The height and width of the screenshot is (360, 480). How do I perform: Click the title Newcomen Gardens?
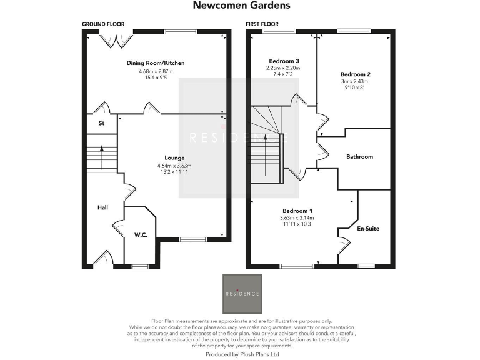[x=241, y=6]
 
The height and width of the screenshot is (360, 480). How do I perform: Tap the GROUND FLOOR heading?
[x=102, y=24]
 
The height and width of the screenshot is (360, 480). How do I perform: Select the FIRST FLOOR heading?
[x=261, y=24]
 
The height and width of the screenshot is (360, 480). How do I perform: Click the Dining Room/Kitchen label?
[x=156, y=63]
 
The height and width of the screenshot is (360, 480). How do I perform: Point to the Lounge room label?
[x=174, y=157]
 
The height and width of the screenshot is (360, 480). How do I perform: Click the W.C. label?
[x=140, y=235]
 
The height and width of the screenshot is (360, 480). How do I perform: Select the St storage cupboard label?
[x=101, y=124]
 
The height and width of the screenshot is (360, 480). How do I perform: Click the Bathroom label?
[x=359, y=157]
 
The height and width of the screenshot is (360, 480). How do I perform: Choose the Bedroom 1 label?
[x=297, y=211]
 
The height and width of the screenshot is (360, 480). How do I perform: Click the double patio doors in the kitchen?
[x=117, y=40]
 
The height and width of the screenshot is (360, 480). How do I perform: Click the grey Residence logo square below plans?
[x=242, y=293]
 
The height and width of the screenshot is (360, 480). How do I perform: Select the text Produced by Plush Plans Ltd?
[x=242, y=354]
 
